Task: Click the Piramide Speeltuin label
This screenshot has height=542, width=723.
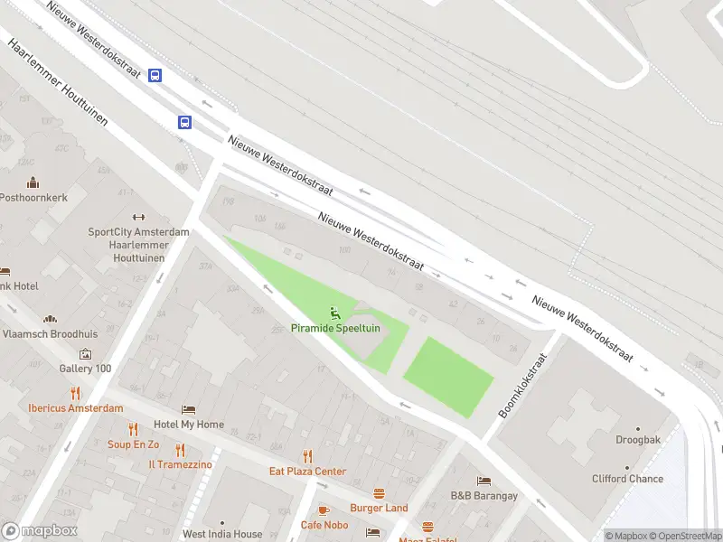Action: [x=335, y=329]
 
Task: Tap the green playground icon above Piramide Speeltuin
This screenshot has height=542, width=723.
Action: [x=335, y=313]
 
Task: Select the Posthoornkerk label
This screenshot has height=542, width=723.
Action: [x=33, y=197]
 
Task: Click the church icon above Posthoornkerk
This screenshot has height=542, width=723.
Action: [x=33, y=182]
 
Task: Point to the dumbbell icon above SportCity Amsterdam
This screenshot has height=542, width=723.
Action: [x=139, y=217]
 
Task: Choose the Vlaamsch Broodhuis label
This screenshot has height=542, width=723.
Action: [x=50, y=332]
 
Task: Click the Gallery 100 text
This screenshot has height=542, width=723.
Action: [x=85, y=369]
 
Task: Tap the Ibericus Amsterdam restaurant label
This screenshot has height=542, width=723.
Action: [x=75, y=408]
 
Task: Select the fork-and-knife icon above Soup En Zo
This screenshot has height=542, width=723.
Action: [x=134, y=429]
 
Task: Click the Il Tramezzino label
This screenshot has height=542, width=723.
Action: [x=180, y=464]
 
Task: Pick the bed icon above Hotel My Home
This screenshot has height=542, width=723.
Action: [x=188, y=410]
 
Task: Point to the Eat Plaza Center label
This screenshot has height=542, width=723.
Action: [x=307, y=472]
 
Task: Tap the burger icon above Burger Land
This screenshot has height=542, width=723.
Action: [x=379, y=493]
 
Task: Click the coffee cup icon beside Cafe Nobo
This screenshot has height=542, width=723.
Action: [x=324, y=510]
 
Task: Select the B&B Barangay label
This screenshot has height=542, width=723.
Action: [x=484, y=496]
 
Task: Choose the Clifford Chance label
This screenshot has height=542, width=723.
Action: [x=627, y=479]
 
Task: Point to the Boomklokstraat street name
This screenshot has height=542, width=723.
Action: [x=524, y=387]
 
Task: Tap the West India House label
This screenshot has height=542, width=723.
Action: [x=222, y=534]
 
